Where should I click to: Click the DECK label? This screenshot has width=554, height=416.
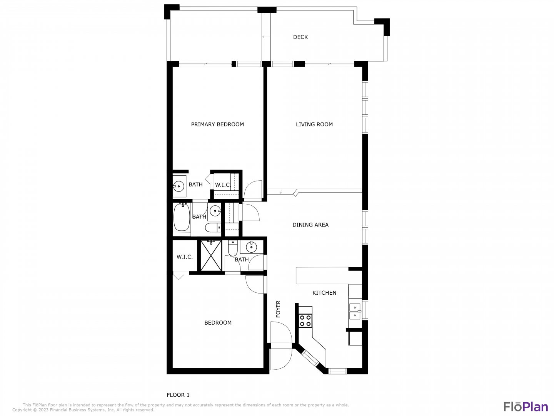pos(300,37)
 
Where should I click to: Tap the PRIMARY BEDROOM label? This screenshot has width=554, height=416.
pos(217,124)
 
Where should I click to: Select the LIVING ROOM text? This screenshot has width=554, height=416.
pos(314,124)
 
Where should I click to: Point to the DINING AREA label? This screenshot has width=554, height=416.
pos(310,225)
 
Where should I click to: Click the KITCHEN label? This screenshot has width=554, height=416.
pos(324,292)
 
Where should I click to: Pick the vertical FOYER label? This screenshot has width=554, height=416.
pos(278,309)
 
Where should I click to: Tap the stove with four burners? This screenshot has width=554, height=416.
pos(305,321)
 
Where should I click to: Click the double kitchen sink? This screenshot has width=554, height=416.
pos(355,311)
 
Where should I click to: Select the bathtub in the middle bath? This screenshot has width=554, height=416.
pos(182,217)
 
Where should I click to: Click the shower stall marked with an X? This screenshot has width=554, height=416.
pos(211,255)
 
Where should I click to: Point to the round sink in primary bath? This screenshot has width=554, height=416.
pos(179,186)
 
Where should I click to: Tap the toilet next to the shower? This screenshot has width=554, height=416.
pos(232,248)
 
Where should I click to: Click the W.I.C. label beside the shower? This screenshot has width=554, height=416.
pos(185,257)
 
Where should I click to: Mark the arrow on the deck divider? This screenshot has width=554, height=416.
pos(266,37)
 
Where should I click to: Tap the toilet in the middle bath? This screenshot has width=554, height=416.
pos(213,228)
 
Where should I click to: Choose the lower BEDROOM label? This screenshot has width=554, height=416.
pos(218,322)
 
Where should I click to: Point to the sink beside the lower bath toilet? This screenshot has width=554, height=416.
pos(251,247)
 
